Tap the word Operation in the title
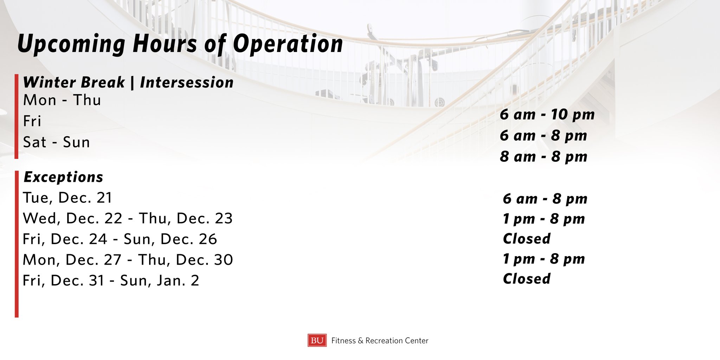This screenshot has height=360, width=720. click(288, 44)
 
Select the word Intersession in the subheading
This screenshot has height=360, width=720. click(187, 83)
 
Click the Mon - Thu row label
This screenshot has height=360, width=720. click(62, 100)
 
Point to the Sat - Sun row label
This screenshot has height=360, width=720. click(57, 142)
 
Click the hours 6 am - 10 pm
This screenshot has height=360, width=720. click(547, 115)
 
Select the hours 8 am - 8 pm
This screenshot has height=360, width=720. click(544, 157)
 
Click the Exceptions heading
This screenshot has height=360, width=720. click(63, 177)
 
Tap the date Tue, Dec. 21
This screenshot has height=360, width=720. click(67, 198)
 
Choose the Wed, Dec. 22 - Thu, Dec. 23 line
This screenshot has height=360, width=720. click(128, 218)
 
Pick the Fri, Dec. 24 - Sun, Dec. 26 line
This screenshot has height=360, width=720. click(120, 239)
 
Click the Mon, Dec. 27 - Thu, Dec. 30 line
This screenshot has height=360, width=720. click(128, 260)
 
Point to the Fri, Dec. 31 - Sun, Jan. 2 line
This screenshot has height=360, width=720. click(111, 281)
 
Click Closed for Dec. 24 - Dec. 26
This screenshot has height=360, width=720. click(526, 239)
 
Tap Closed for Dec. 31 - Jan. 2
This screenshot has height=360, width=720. click(526, 279)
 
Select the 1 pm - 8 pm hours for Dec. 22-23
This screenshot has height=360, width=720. click(544, 219)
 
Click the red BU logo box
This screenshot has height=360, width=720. click(317, 340)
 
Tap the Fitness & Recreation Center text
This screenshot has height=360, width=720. click(380, 341)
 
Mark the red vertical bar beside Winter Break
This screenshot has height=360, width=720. click(17, 116)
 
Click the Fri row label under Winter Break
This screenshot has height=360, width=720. click(32, 121)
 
